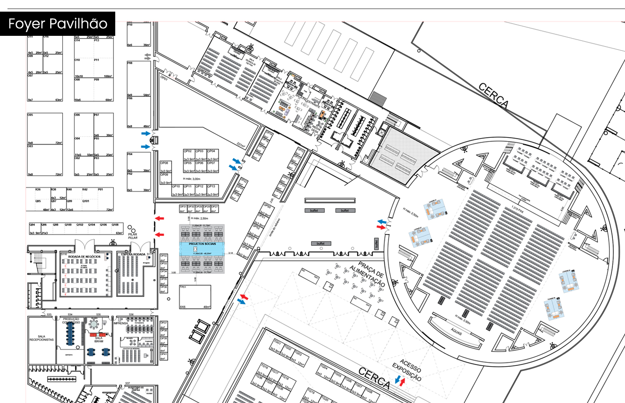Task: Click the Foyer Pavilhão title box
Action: pos(58,24)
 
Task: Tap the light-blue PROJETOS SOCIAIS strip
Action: pos(202,247)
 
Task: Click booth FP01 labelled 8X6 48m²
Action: pos(195,297)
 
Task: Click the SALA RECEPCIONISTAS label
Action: pos(40,338)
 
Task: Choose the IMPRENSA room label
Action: pos(120,323)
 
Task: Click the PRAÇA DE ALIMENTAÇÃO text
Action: pos(368,275)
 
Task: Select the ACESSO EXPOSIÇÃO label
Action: pos(407,370)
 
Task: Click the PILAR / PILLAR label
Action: pos(133,235)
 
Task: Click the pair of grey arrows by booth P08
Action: pos(148,57)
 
